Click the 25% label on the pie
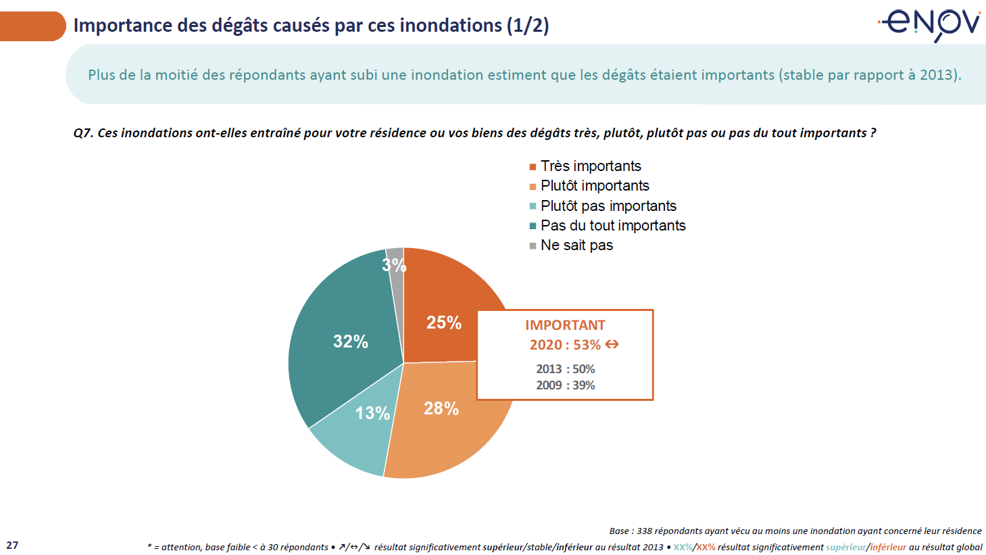(x=443, y=323)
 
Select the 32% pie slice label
(x=350, y=341)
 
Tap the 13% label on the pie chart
(x=372, y=413)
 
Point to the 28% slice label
(x=441, y=408)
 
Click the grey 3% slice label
(x=394, y=264)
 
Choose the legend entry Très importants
(x=590, y=166)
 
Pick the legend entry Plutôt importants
(x=594, y=186)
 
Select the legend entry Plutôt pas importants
(x=608, y=206)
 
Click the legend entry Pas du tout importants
(x=612, y=226)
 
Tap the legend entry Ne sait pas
(x=576, y=245)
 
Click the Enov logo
(x=930, y=25)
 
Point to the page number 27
(x=12, y=545)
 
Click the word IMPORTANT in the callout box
(x=565, y=325)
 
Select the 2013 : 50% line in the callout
(x=566, y=369)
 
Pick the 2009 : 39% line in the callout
(x=566, y=385)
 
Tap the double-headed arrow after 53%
(x=612, y=345)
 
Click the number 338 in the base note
(x=645, y=531)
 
